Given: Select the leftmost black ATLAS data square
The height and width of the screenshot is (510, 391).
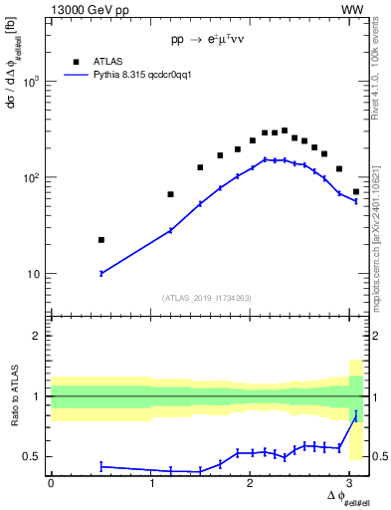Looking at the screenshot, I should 101,240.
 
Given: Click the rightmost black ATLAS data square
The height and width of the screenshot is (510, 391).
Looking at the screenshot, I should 356,191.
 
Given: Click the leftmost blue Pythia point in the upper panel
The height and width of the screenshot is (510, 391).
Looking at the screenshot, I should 101,273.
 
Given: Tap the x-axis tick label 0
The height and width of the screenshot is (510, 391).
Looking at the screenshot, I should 51,483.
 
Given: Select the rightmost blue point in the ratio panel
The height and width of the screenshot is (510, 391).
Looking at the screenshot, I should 356,414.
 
